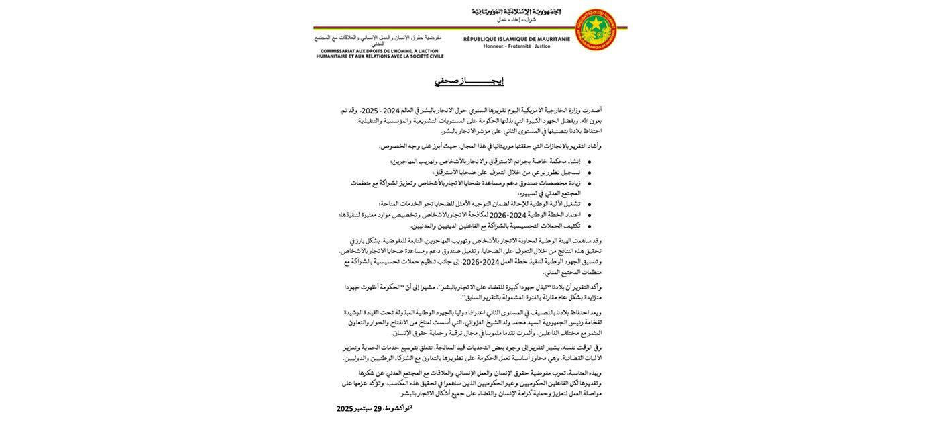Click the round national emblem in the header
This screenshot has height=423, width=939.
pos(596,30)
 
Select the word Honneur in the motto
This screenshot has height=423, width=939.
pos(495,46)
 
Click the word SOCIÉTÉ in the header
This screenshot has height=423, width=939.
pos(417,56)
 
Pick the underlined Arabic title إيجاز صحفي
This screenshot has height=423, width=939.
pos(469,81)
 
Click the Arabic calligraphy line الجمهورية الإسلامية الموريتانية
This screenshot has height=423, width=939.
pos(516,11)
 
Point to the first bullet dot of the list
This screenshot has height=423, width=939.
pos(589,162)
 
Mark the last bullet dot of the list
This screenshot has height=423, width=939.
pos(589,226)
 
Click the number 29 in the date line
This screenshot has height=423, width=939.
pos(378,408)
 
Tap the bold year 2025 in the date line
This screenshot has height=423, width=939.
pos(345,408)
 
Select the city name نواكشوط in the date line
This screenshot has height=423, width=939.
pos(398,408)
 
